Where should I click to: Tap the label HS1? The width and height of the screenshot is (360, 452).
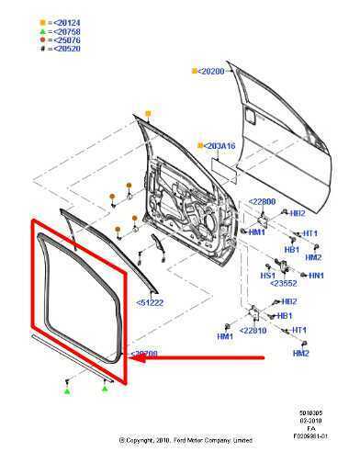pyautogui.click(x=268, y=275)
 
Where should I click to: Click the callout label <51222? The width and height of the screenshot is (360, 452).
pyautogui.click(x=151, y=301)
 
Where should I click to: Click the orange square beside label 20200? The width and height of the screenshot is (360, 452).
pyautogui.click(x=195, y=71)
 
